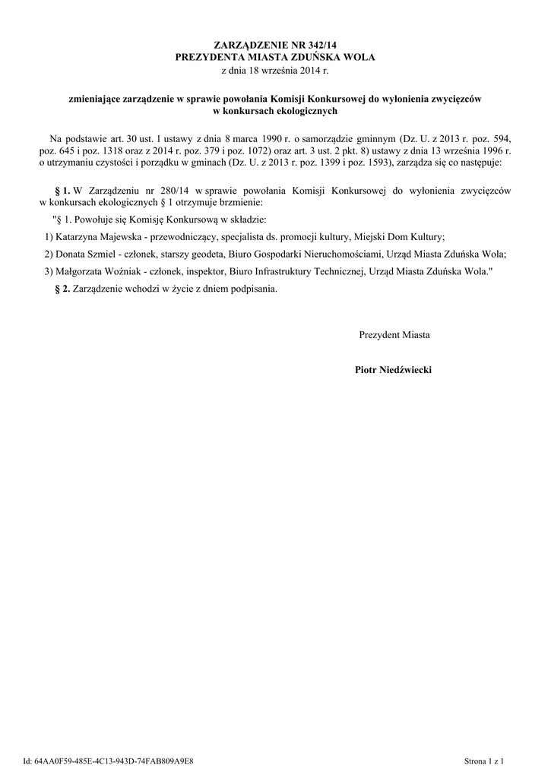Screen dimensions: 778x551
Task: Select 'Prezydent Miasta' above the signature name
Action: click(x=394, y=334)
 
